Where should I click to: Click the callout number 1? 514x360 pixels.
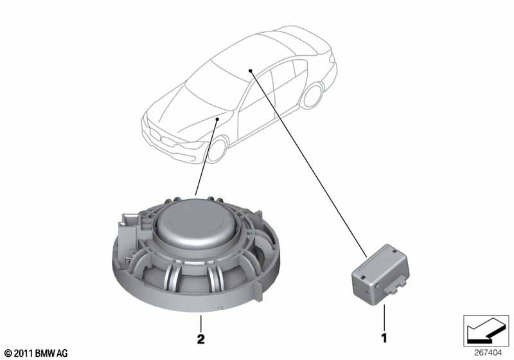coord(384,338)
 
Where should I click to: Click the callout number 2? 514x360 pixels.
coord(200,339)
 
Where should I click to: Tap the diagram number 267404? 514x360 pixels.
coord(488,353)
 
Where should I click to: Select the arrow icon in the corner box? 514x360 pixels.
coord(486,330)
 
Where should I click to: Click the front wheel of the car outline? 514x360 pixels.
coord(217,149)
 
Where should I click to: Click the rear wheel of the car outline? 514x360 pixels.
coord(313,95)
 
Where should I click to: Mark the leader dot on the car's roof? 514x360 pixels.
coord(250,71)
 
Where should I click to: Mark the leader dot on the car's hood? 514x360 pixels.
coord(217,120)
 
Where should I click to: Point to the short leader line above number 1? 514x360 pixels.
coord(384,318)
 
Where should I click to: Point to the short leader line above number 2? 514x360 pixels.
coord(200,323)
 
